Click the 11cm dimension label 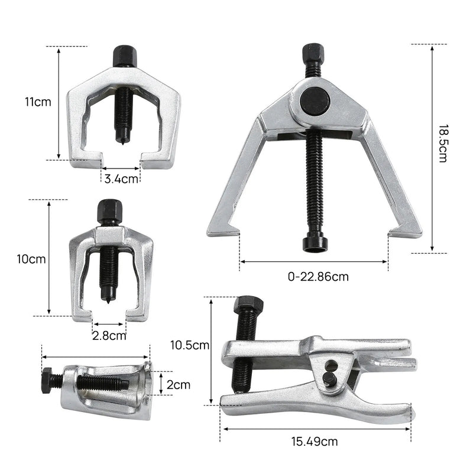[x=38, y=102]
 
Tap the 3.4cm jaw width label [x=122, y=178]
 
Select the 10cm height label [x=31, y=258]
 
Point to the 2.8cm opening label [x=109, y=336]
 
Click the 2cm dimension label [x=179, y=385]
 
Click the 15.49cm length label [x=314, y=440]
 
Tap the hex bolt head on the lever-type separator [x=248, y=306]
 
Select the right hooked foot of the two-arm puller [x=404, y=230]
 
